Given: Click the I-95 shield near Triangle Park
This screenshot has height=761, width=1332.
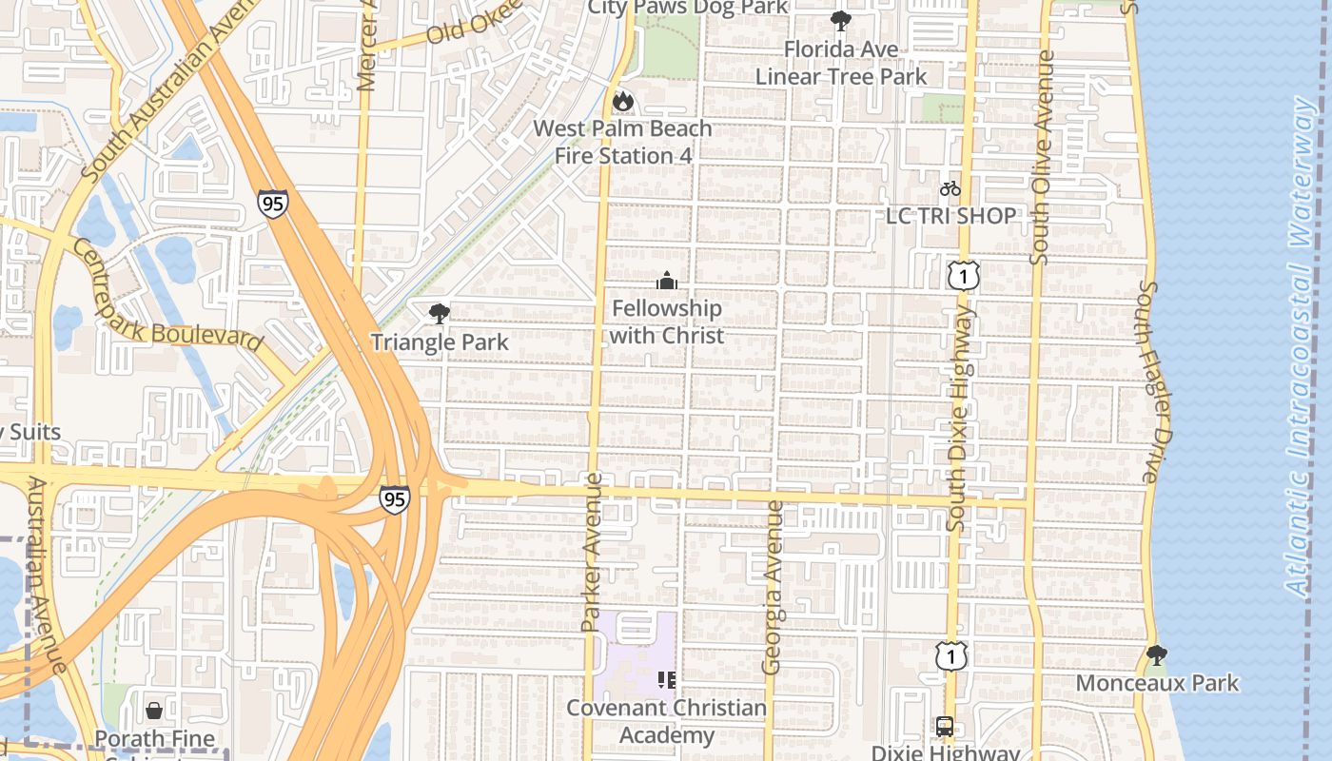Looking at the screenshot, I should tap(272, 204).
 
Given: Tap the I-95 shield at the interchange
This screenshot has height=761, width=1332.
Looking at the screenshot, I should tap(394, 498).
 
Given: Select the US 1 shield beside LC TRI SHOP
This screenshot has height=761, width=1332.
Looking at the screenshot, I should tap(963, 276).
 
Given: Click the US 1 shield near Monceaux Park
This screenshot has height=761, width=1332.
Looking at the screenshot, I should tap(950, 655).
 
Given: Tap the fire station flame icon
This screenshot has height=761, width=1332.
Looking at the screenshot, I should tap(622, 101).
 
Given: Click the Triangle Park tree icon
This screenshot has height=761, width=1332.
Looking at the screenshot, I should tap(439, 313).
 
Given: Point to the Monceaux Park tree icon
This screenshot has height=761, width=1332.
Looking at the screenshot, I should tap(1157, 654).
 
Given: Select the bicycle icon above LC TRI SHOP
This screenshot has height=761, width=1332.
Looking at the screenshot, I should tap(950, 188).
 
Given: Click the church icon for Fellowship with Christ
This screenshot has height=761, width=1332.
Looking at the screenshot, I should tap(667, 281).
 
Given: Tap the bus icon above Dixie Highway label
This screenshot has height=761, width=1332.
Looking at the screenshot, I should tap(944, 727).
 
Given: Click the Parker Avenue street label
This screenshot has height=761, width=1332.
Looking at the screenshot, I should tap(591, 552).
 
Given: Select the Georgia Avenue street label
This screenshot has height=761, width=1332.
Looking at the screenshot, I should tap(774, 587).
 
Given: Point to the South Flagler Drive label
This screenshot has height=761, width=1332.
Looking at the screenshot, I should tap(1150, 380).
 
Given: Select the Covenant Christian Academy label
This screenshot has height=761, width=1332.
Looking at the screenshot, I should tap(666, 721).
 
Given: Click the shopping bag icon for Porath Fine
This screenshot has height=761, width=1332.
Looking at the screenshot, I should tap(153, 711).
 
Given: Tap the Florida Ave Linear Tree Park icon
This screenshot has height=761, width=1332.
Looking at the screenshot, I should tap(840, 21).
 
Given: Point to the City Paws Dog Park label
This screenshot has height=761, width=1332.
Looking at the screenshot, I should tap(687, 8).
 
